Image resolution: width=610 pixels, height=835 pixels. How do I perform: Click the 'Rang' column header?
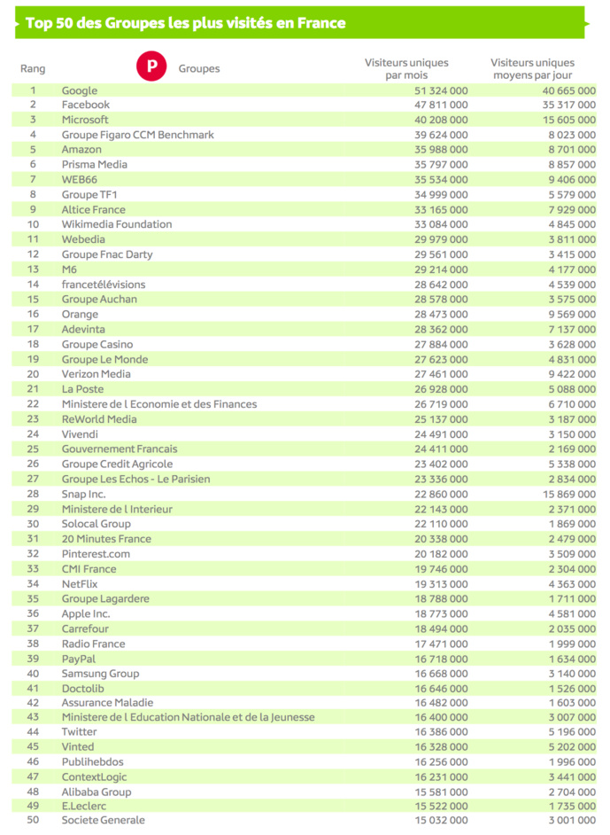(33, 69)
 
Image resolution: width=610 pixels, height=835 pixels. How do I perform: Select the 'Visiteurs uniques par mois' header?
(406, 68)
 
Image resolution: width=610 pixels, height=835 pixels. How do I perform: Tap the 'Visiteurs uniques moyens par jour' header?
(532, 68)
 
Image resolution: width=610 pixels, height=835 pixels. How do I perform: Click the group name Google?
(80, 90)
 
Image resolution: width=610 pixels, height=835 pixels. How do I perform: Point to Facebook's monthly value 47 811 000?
(441, 105)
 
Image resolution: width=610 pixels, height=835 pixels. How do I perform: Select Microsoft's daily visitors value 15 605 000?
(567, 120)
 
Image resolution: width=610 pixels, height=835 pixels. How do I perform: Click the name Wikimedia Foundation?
(117, 224)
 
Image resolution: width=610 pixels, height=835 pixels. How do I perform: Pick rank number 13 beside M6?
(34, 269)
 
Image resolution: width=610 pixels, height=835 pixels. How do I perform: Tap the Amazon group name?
(81, 150)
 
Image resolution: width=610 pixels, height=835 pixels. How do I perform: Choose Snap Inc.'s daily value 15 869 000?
(567, 494)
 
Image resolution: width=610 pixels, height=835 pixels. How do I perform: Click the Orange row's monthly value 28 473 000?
(441, 314)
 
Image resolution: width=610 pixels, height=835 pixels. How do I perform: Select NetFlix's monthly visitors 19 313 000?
(441, 583)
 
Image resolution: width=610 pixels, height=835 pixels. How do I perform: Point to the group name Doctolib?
(84, 688)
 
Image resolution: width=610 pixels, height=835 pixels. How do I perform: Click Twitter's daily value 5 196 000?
(570, 732)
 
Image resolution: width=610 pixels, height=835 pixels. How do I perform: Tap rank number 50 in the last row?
(34, 821)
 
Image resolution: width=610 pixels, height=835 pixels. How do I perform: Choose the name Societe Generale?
(104, 821)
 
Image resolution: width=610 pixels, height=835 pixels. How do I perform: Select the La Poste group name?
(82, 389)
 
